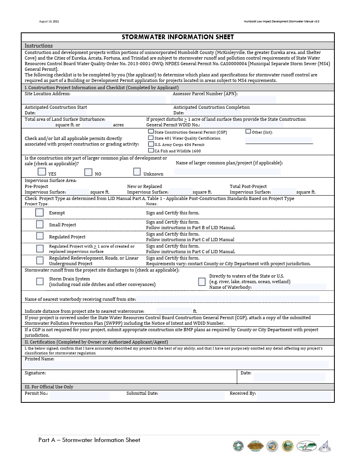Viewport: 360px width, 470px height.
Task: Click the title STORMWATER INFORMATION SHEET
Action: pos(178,37)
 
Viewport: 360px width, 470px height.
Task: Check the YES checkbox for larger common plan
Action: pos(42,172)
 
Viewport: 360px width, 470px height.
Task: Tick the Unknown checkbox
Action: pos(137,172)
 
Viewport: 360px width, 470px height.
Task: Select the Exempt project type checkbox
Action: pos(39,212)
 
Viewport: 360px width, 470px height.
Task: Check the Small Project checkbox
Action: pos(40,224)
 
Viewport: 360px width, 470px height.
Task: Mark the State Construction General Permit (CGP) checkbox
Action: pos(151,131)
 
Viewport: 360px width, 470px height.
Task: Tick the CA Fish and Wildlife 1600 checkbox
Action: pos(151,150)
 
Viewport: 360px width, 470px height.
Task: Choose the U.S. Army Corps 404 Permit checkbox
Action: pos(151,144)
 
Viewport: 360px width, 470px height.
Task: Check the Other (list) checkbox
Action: pos(248,131)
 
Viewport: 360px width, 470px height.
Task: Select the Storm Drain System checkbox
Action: pos(40,281)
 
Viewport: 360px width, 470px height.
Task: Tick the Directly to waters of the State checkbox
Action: pos(202,282)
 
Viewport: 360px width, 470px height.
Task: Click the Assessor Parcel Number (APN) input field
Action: pos(224,99)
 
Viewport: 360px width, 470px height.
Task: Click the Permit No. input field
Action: pos(79,396)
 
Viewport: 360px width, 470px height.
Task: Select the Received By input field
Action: pos(294,396)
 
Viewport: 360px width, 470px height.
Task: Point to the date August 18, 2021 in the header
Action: pos(49,21)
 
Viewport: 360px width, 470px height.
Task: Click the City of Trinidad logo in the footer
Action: pos(306,446)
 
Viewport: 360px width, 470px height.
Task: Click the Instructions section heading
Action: pos(39,46)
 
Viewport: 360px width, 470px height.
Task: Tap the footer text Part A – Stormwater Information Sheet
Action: pos(89,440)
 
